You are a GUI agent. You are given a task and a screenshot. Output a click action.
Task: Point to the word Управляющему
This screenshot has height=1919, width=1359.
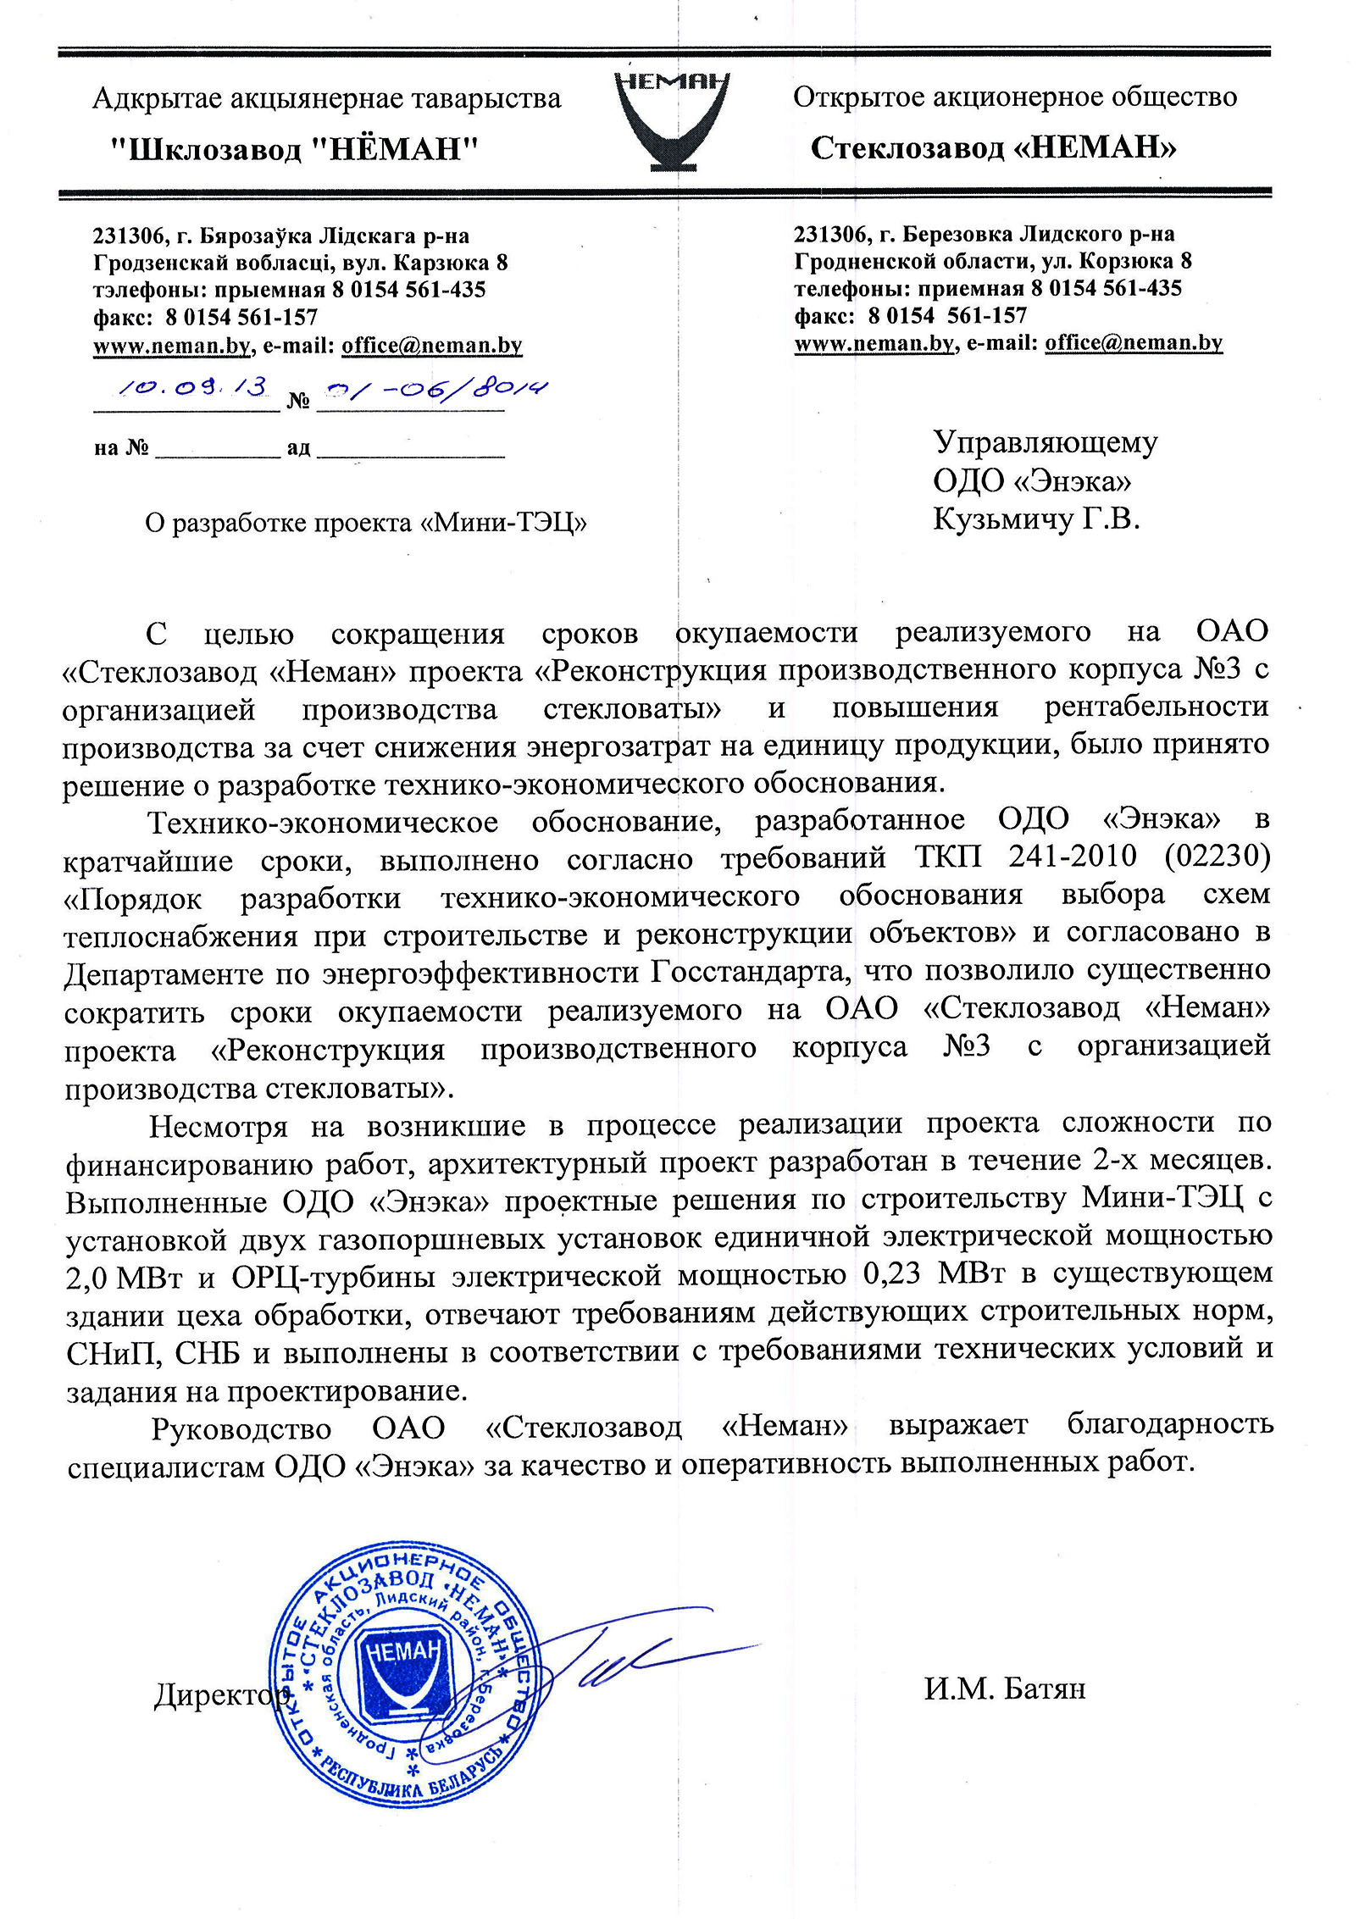pyautogui.click(x=1045, y=443)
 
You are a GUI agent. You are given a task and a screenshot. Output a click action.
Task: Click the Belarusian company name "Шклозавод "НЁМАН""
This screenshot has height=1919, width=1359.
pyautogui.click(x=296, y=150)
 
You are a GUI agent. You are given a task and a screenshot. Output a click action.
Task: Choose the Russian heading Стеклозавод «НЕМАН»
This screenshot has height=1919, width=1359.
pyautogui.click(x=993, y=148)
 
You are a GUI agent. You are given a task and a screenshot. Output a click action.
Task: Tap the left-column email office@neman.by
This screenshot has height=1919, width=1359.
pyautogui.click(x=431, y=346)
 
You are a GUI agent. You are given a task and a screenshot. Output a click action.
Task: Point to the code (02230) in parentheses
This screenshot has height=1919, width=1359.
pyautogui.click(x=1218, y=857)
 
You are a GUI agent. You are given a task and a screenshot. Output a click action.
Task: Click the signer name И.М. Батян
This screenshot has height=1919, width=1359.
pyautogui.click(x=1004, y=1689)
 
